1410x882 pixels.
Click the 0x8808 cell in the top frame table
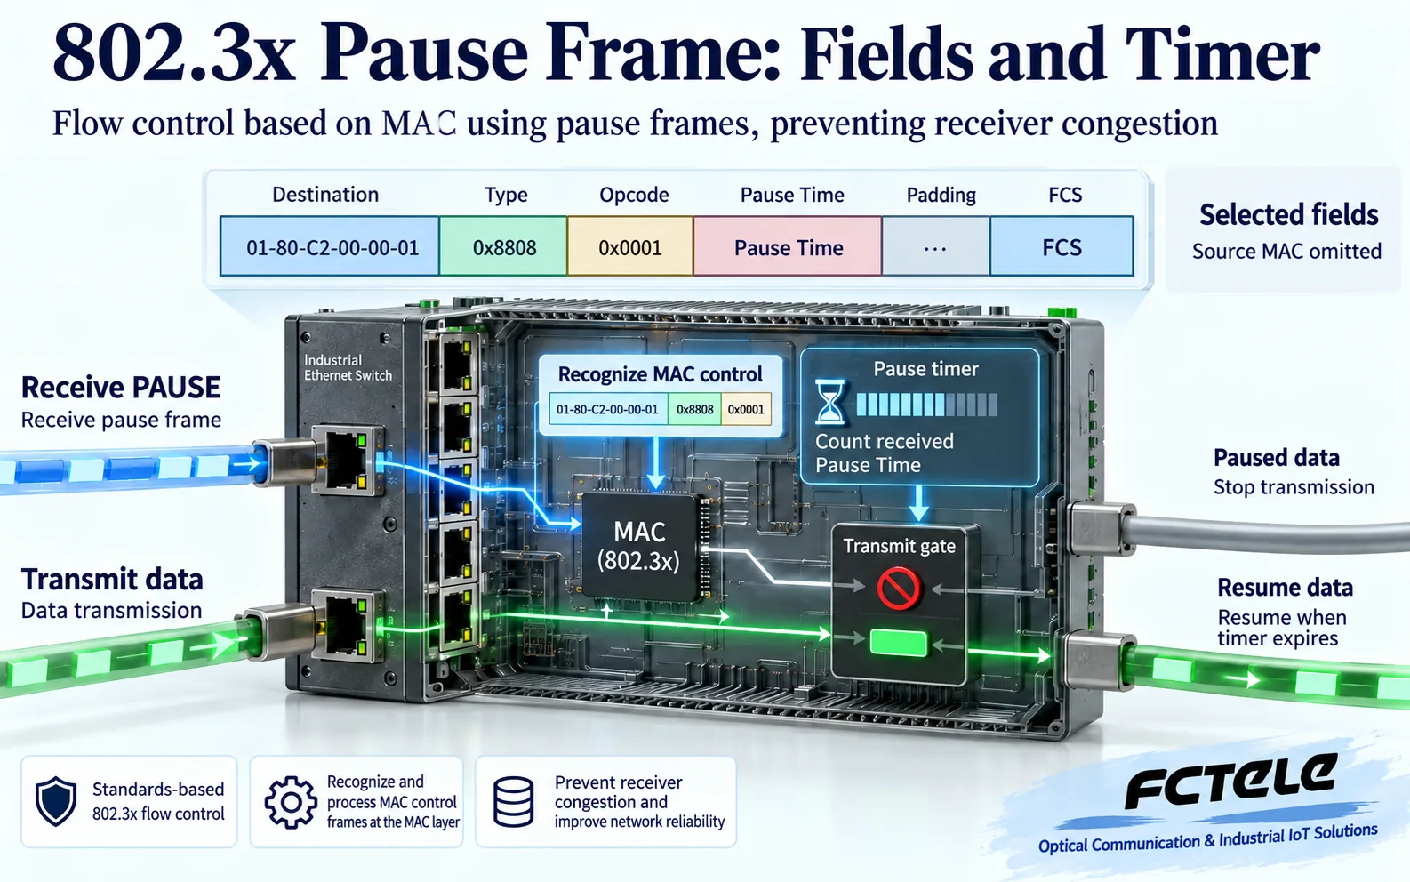coord(503,246)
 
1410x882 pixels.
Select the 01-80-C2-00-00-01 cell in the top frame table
coord(330,246)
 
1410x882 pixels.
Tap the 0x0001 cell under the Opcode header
coord(630,246)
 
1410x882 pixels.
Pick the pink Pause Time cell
coord(788,246)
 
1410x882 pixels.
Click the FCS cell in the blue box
coord(1062,246)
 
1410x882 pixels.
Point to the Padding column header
coord(941,196)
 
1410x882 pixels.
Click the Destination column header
coord(325,195)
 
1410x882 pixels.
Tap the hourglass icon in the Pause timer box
coord(829,401)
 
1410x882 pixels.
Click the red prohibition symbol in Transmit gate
coord(898,588)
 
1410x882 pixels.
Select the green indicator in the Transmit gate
coord(898,644)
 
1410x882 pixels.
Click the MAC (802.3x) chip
coord(641,545)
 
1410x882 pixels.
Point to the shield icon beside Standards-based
coord(56,801)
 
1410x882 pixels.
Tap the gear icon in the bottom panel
coord(291,802)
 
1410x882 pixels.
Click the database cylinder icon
coord(514,801)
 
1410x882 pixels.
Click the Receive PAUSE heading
coord(121,387)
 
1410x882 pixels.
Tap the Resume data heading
coord(1285,588)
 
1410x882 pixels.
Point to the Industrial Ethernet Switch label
coord(348,368)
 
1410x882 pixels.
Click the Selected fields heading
coord(1288,214)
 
